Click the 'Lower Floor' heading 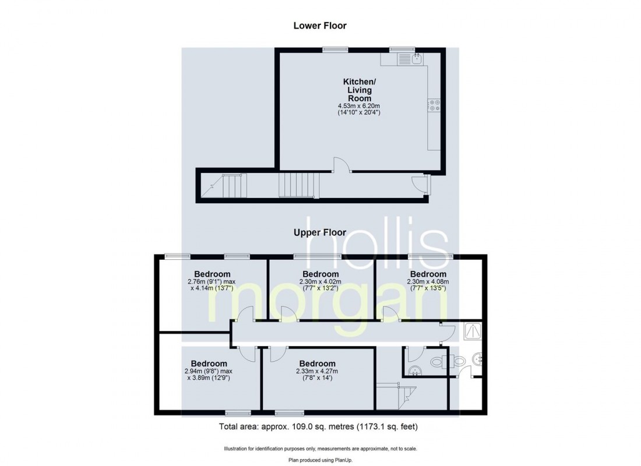(x=320, y=26)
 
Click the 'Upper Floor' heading (x=320, y=232)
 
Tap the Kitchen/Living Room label (x=360, y=90)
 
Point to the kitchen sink (x=417, y=59)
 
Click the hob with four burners (x=434, y=105)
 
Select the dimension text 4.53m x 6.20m (x=359, y=106)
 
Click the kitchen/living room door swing (x=341, y=165)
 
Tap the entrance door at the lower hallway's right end (x=420, y=184)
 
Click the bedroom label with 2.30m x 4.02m (x=320, y=274)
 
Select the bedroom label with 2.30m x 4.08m (x=428, y=274)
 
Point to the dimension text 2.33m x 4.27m (x=317, y=372)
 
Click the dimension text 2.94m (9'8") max (x=209, y=372)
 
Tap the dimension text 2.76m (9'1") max (x=212, y=282)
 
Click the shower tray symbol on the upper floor (x=473, y=331)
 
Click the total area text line (x=318, y=427)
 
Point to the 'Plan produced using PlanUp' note (x=320, y=460)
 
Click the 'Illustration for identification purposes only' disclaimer (x=320, y=449)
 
